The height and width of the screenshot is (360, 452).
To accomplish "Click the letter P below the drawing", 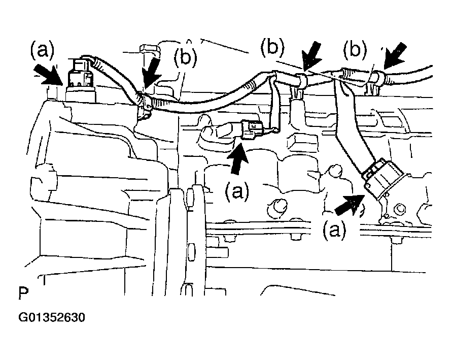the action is (23, 293).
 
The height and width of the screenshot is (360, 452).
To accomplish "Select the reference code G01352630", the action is (52, 317).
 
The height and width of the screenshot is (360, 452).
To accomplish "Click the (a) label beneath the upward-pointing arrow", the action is (237, 191).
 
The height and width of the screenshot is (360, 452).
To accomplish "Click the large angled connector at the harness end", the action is (382, 179).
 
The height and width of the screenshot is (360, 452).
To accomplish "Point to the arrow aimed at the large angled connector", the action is (350, 204).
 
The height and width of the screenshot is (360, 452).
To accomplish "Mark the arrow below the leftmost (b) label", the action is (152, 72).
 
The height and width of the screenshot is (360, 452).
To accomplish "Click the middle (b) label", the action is (272, 47).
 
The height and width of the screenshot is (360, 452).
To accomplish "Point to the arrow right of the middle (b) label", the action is (311, 56).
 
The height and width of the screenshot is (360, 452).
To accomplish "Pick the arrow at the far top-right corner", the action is (394, 56).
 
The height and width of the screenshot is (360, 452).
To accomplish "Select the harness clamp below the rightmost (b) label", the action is (373, 82).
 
